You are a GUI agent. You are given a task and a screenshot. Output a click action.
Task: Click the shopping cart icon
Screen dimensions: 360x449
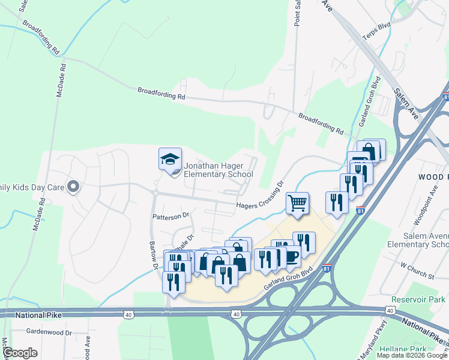[x=297, y=203]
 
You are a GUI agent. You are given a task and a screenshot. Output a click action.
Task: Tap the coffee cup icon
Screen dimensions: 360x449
[x=292, y=256]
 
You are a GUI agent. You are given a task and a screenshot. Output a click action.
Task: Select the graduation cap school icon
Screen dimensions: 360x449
[x=169, y=160]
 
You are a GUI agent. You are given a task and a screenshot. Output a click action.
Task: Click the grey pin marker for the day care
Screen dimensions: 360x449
[x=73, y=187]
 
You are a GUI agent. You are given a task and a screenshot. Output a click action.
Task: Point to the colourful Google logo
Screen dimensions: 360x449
[x=20, y=353]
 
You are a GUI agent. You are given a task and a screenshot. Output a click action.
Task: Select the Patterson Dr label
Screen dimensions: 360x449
[x=170, y=215]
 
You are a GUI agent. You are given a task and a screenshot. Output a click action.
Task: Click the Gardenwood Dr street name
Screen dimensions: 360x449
[x=49, y=332]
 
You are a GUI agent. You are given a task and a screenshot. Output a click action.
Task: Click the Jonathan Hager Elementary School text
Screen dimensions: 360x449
[x=218, y=170]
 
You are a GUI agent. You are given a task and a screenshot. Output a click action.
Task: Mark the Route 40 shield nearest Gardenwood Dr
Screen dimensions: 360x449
[x=128, y=314]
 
